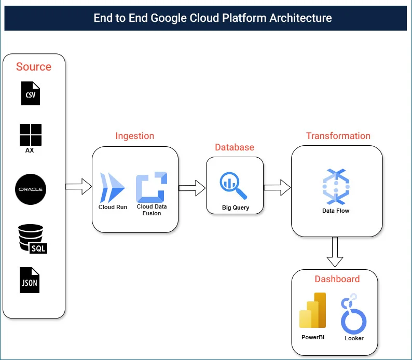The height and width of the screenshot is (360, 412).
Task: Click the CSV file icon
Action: (x=31, y=93)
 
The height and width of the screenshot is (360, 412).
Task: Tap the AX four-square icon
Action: (x=31, y=135)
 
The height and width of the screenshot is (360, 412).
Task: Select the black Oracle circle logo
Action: (x=31, y=189)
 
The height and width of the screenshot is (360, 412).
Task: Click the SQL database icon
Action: (x=32, y=239)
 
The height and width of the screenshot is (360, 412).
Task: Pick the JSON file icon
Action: (x=30, y=280)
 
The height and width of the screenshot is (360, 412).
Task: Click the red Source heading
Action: (x=34, y=67)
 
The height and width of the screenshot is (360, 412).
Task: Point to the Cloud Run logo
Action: (x=113, y=188)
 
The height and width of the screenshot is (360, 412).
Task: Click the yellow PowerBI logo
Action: (x=312, y=311)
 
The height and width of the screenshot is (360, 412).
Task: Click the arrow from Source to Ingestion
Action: (x=78, y=187)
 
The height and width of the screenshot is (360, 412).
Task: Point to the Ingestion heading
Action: (x=134, y=136)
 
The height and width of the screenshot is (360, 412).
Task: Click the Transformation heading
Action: (x=338, y=136)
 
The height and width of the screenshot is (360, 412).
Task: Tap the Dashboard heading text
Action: (x=337, y=279)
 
